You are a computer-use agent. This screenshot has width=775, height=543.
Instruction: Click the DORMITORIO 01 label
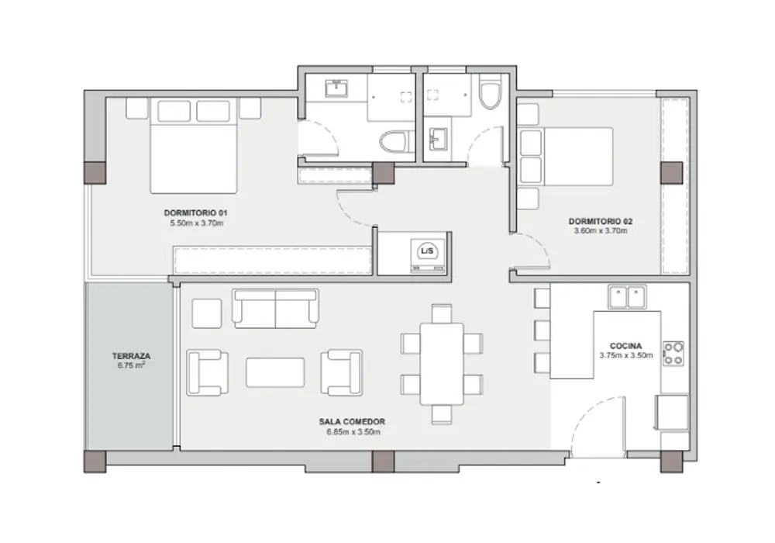(196, 213)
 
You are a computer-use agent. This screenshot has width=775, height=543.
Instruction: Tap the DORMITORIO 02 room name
(601, 222)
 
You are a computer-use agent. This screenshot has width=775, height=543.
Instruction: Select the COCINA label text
(625, 346)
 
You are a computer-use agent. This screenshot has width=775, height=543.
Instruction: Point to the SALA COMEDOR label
(352, 422)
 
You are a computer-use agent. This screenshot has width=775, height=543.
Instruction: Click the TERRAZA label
(131, 356)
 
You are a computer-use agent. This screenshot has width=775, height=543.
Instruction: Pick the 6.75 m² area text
(131, 365)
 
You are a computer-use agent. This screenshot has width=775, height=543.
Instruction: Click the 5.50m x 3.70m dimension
(197, 223)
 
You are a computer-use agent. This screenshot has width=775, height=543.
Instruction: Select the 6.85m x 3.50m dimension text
(353, 432)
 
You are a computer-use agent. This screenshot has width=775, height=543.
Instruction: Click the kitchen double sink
(627, 297)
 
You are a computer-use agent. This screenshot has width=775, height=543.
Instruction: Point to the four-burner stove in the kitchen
(673, 353)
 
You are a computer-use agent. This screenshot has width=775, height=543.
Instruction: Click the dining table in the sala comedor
(442, 365)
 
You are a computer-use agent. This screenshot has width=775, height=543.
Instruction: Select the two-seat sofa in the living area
(275, 308)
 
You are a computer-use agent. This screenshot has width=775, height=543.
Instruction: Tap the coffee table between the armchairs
(275, 372)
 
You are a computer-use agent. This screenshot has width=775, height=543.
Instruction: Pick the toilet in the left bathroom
(397, 142)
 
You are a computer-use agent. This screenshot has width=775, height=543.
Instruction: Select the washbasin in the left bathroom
(336, 89)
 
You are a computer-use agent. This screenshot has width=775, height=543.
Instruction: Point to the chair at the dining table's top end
(442, 313)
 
